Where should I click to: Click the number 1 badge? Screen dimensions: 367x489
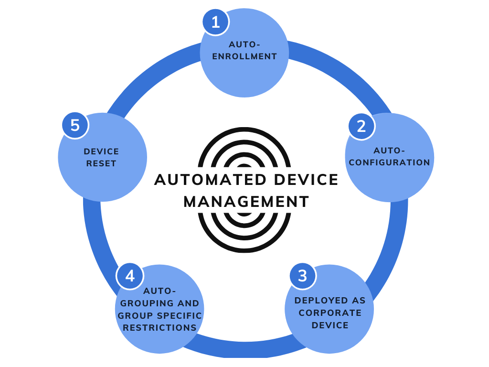point(215,22)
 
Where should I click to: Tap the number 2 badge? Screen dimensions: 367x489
point(361,126)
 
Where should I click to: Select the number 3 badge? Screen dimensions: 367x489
point(303,276)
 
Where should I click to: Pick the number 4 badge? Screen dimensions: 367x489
point(130,276)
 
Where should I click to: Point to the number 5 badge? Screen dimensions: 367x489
point(75,125)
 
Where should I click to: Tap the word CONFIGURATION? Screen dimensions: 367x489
point(390,162)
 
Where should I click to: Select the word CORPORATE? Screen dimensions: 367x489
point(330,313)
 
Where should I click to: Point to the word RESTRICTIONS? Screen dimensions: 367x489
point(159,328)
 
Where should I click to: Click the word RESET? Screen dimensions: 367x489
point(101,163)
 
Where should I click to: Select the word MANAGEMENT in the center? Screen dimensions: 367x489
point(246,202)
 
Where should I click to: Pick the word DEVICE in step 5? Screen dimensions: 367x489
point(101,151)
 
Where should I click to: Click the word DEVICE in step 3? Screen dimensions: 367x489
point(330,325)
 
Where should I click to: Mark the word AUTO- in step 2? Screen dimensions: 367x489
point(389,151)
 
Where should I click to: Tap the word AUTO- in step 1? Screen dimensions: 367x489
point(244,44)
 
